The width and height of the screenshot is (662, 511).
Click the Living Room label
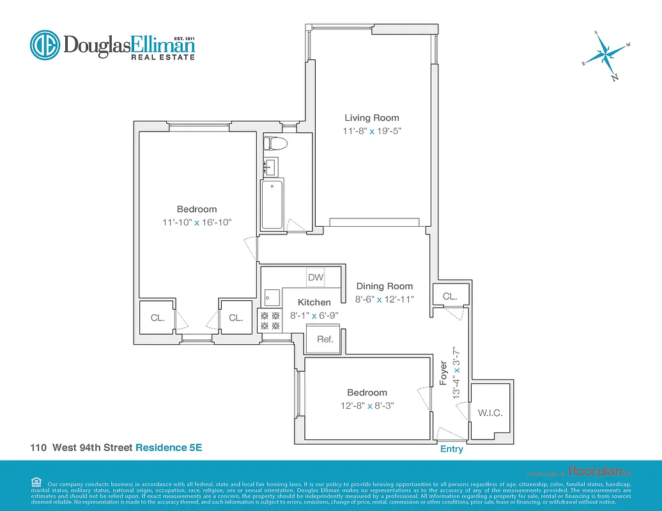click(x=372, y=118)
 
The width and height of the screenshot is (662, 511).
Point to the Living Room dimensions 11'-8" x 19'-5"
click(x=372, y=131)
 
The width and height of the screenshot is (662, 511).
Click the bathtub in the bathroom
click(x=272, y=204)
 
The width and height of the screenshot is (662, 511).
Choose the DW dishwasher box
click(x=316, y=277)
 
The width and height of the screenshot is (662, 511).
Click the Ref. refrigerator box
click(x=325, y=339)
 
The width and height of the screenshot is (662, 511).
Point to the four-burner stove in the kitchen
click(x=270, y=321)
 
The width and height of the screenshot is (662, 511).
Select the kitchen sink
click(x=272, y=298)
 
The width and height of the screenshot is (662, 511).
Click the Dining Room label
click(x=385, y=286)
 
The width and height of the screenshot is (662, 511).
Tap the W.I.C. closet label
click(x=490, y=413)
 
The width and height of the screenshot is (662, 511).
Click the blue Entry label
click(x=452, y=449)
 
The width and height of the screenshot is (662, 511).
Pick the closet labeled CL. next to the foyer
click(x=450, y=296)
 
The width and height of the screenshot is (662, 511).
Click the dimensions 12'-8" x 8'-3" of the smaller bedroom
click(x=367, y=406)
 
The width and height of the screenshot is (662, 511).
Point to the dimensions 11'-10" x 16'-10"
click(x=197, y=222)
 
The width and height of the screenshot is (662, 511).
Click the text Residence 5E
click(x=169, y=448)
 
